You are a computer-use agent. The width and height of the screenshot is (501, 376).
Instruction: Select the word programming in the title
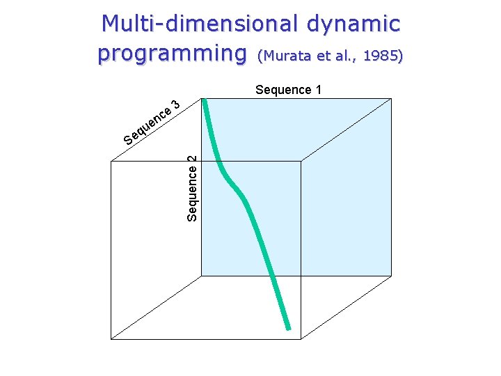tap(172, 53)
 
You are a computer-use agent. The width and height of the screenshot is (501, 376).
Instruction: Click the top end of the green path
tap(205, 102)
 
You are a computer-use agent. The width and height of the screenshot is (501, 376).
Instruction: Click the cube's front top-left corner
tap(111, 162)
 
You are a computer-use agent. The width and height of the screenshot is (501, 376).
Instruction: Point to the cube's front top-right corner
tap(301, 162)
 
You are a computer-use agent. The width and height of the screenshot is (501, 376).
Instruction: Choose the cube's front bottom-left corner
tap(111, 338)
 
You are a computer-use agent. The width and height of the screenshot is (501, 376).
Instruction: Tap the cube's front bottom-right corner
tap(301, 338)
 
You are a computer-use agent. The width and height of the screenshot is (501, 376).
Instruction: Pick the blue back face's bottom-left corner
tap(201, 275)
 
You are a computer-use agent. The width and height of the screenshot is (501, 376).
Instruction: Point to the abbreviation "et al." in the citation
tap(336, 56)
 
